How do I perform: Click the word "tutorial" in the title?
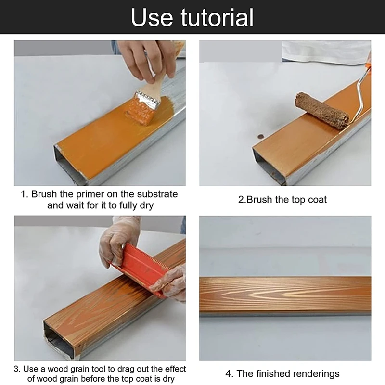(217, 17)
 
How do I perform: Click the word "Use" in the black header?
(152, 17)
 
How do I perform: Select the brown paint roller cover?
(322, 111)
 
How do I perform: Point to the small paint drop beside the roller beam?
(260, 136)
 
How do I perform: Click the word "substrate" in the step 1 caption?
(157, 194)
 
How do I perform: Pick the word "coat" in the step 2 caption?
(317, 200)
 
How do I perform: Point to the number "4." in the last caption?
(230, 374)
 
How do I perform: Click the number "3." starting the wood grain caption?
(17, 369)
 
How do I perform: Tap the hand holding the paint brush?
(147, 59)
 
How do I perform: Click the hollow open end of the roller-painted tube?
(269, 167)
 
